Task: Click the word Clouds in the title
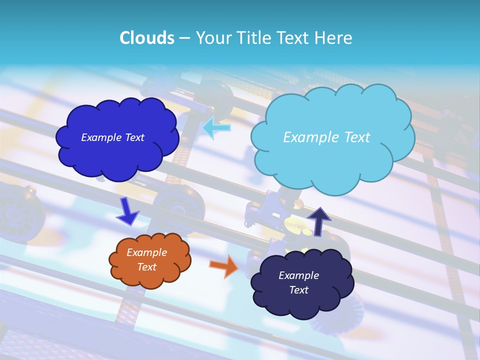point(146,38)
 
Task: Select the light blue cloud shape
point(332,162)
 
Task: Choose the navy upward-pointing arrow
point(319,220)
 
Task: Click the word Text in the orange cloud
point(146,267)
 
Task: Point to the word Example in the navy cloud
point(298,275)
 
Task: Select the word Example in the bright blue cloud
point(100,137)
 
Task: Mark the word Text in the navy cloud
point(298,290)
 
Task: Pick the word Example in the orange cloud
point(146,252)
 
